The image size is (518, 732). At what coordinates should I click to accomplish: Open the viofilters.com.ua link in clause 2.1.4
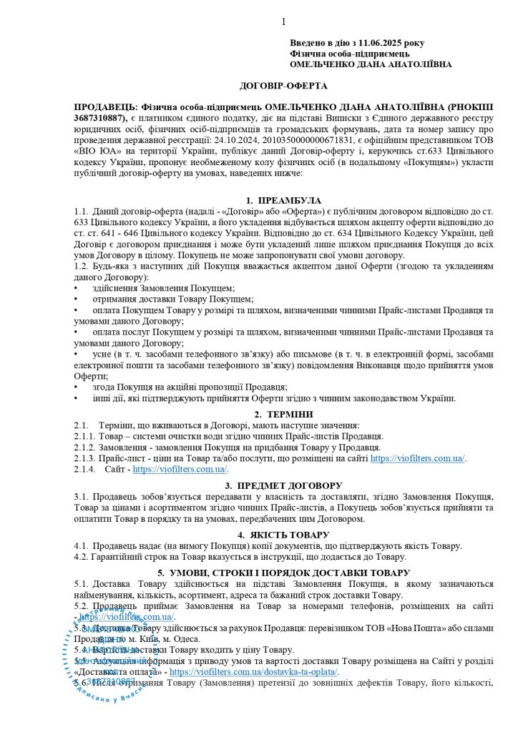(180, 470)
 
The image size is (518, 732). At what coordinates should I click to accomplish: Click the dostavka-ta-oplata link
(254, 672)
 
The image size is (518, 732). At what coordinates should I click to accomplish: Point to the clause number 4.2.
(81, 557)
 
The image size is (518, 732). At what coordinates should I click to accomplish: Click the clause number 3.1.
(81, 496)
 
